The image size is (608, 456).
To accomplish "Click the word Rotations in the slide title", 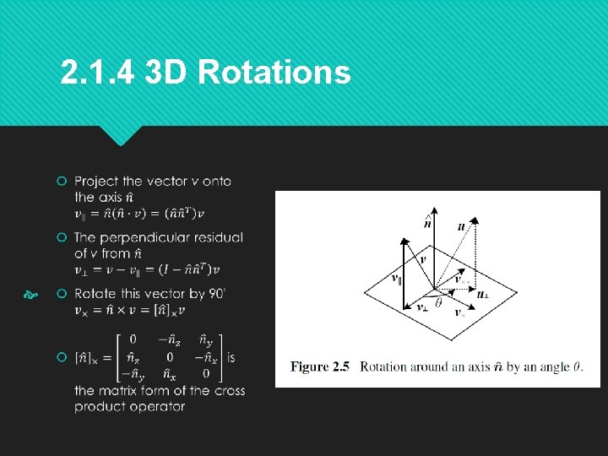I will [x=274, y=73].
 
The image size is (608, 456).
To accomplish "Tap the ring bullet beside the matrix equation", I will [x=62, y=357].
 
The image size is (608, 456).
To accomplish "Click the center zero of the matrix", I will [x=170, y=357].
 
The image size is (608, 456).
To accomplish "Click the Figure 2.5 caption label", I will [x=320, y=366].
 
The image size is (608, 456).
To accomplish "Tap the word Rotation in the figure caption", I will [x=387, y=366].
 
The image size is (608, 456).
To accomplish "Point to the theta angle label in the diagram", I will [x=438, y=302].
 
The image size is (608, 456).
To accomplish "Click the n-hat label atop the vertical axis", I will [x=427, y=223].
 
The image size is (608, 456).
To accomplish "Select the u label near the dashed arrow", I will [x=460, y=226].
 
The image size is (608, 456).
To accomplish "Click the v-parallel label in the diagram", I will [x=395, y=277].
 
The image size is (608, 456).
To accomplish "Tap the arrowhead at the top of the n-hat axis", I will [x=433, y=209].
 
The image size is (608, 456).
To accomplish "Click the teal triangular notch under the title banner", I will [x=121, y=135].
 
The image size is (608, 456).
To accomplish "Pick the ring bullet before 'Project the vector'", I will [x=62, y=182].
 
